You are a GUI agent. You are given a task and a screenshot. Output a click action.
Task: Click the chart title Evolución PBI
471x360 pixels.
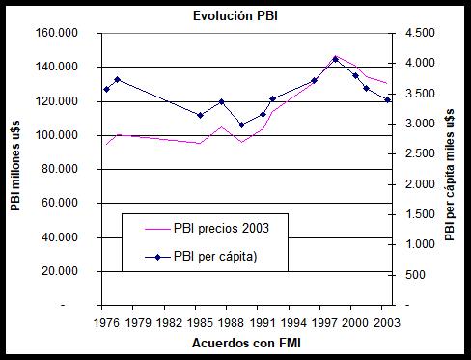point(235,14)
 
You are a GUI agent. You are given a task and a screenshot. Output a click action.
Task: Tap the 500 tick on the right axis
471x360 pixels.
point(417,275)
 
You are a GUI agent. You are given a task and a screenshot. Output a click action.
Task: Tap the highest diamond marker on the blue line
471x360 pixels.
point(335,59)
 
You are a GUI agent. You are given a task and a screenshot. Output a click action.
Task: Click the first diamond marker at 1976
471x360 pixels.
point(106,90)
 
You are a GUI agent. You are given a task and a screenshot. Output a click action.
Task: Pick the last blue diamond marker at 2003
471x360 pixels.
point(387,99)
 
